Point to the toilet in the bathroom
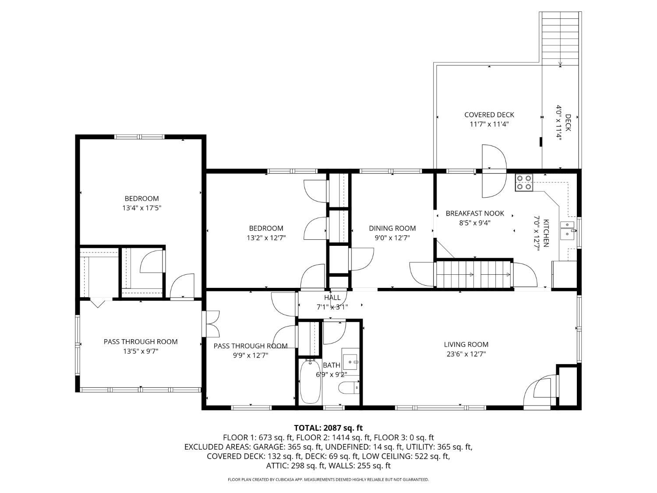click(x=349, y=388)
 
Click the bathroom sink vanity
click(x=350, y=362)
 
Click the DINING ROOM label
click(x=392, y=228)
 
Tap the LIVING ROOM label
click(x=466, y=344)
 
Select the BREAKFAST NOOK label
click(x=475, y=213)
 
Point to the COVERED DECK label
click(x=489, y=115)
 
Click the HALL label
click(x=332, y=298)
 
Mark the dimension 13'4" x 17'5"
click(x=141, y=208)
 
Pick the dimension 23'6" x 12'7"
click(x=466, y=354)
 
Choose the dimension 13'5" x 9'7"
click(x=141, y=351)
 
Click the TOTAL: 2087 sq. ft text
click(x=328, y=428)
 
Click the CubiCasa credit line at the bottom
click(x=328, y=479)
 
